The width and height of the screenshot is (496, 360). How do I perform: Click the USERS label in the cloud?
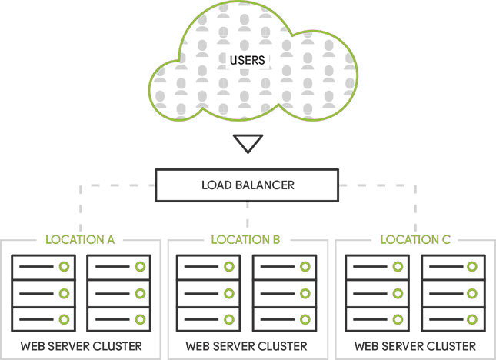248,59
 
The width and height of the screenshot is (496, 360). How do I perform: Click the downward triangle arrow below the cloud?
248,143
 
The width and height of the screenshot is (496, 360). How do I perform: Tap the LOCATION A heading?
80,239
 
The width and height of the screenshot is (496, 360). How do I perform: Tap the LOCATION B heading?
246,239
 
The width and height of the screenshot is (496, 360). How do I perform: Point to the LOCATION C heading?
415,239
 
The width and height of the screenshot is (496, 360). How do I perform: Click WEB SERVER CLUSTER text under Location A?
80,345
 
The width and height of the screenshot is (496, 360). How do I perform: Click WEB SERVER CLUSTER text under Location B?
246,345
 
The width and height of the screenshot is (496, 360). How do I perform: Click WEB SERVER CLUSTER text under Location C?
415,345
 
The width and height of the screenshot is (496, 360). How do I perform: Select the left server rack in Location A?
42,292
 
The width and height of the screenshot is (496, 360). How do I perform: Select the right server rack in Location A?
118,292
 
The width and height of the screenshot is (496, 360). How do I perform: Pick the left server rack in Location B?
208,292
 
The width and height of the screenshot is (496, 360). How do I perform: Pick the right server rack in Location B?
284,292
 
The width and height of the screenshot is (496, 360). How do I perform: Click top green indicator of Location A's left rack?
65,267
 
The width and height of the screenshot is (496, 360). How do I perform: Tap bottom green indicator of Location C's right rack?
473,318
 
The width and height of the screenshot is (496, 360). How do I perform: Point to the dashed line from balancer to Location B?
247,216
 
